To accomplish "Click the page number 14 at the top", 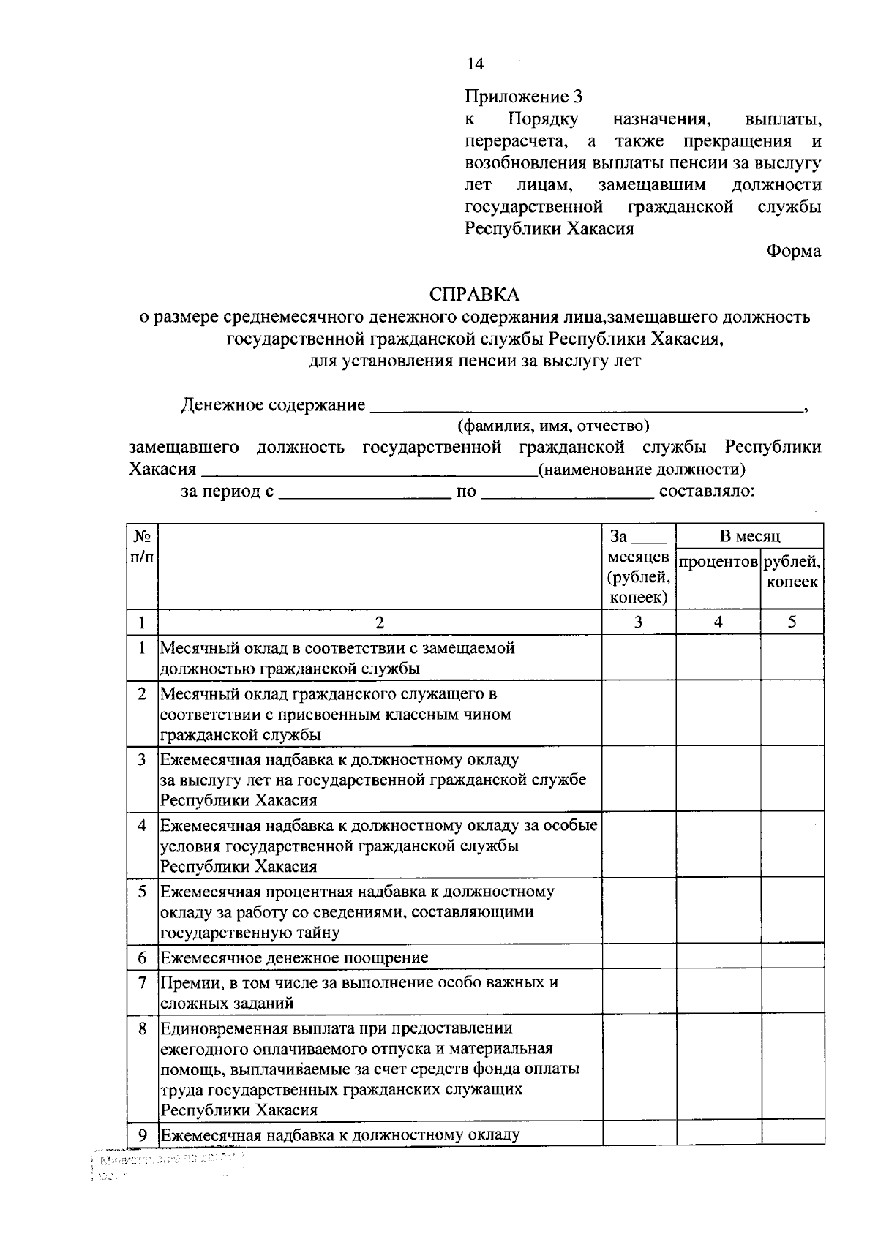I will tap(475, 64).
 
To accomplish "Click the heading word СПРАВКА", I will tap(474, 295).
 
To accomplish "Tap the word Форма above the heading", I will tap(793, 252).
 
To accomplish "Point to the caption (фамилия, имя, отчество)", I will tap(553, 426).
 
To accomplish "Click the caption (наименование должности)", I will tap(642, 470).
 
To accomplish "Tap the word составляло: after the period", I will tap(707, 492).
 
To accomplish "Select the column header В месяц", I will tap(749, 537).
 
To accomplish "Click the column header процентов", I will tap(718, 562).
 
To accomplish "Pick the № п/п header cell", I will tap(142, 547).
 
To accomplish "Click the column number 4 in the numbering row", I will tap(718, 622).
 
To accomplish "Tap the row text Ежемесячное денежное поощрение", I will tap(294, 958).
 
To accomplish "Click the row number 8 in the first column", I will tap(142, 1028).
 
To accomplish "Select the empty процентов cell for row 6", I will tap(718, 958).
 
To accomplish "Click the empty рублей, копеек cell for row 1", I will tap(792, 658).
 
